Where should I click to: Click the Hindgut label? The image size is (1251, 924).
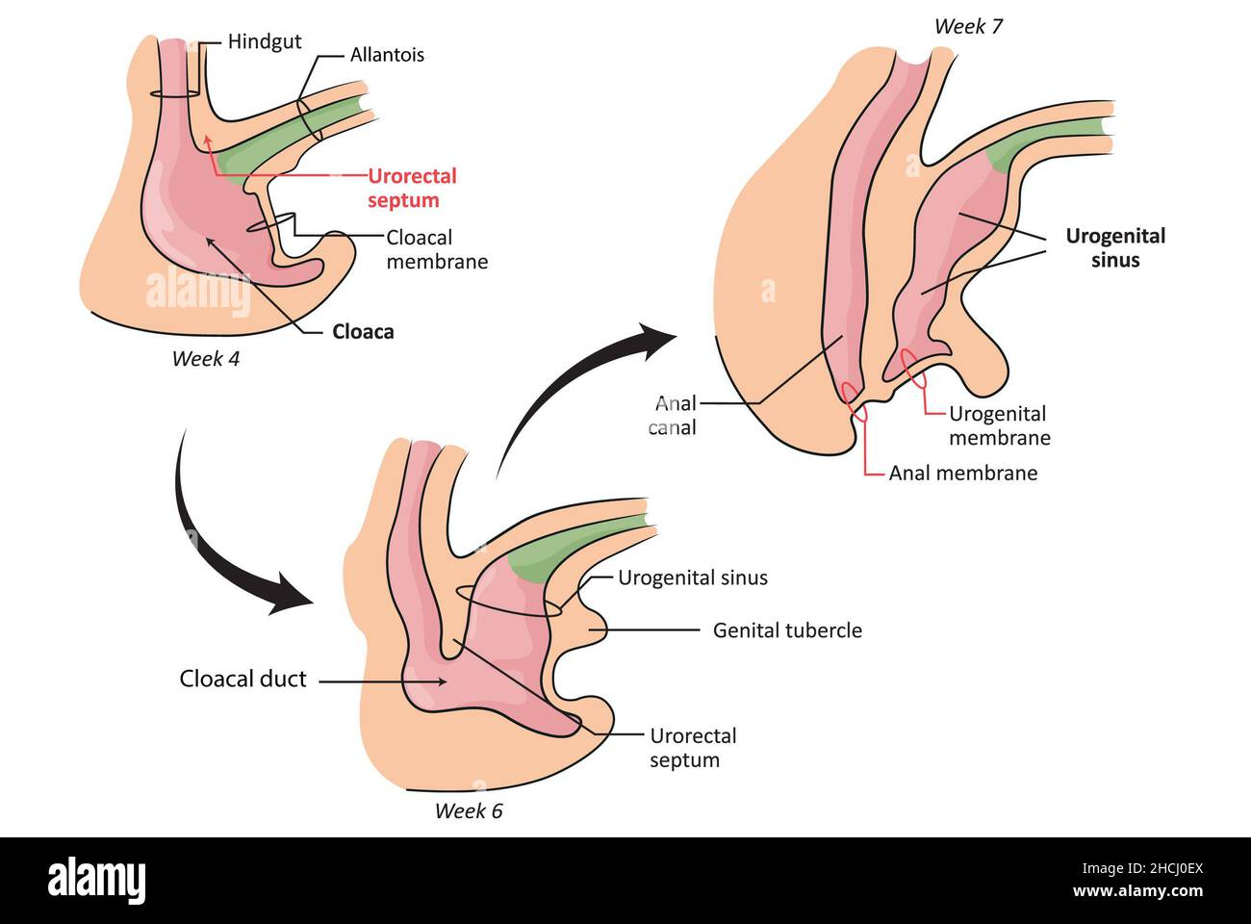265,41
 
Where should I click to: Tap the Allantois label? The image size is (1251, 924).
387,55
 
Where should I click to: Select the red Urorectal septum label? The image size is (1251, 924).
412,189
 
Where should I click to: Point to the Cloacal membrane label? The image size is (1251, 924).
437,249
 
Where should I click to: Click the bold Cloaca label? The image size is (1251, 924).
363,332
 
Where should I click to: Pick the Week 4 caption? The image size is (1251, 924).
205,359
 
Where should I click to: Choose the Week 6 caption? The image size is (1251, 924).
468,811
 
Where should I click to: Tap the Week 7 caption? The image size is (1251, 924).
967,27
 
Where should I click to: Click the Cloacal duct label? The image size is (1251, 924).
243,680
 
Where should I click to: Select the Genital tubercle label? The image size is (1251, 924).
787,631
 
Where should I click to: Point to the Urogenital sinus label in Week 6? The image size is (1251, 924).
692,578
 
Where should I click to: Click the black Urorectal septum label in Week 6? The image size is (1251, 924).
692,748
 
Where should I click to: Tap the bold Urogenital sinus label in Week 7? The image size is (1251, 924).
1114,248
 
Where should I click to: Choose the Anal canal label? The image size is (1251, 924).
673,416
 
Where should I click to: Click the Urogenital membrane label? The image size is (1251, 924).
999,425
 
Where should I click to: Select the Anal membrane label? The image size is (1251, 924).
962,474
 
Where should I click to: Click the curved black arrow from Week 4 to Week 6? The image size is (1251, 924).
221,539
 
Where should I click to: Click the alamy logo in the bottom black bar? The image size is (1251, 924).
97,881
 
